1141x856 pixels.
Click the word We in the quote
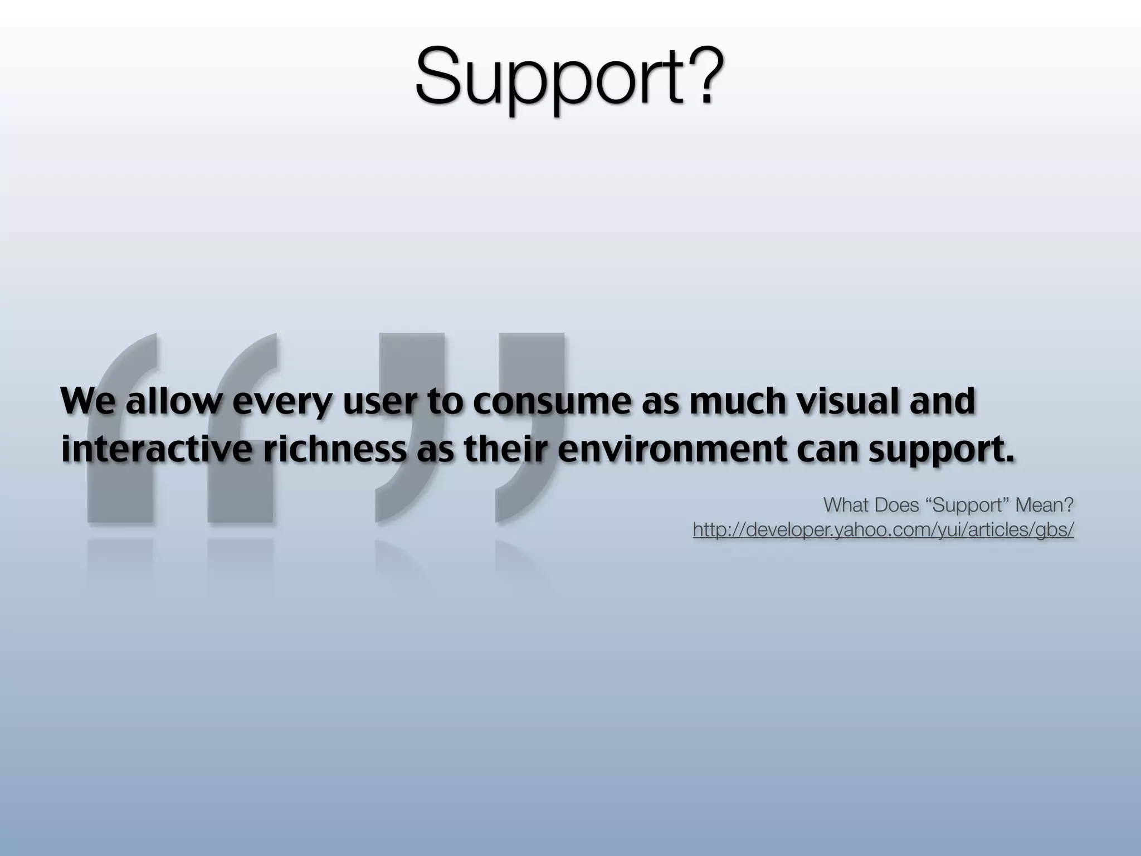(x=89, y=401)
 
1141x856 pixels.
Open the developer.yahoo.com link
(x=883, y=530)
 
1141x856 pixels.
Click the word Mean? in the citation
(x=1044, y=505)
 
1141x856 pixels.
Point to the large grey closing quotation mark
(x=471, y=427)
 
